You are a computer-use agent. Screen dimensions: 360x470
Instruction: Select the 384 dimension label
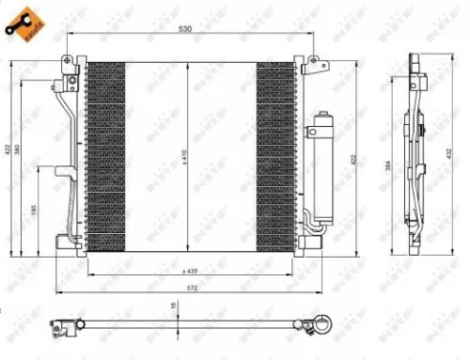tap(388, 166)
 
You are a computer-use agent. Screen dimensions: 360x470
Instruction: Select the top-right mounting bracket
tap(308, 64)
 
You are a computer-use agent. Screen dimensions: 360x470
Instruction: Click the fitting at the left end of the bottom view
tap(64, 328)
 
